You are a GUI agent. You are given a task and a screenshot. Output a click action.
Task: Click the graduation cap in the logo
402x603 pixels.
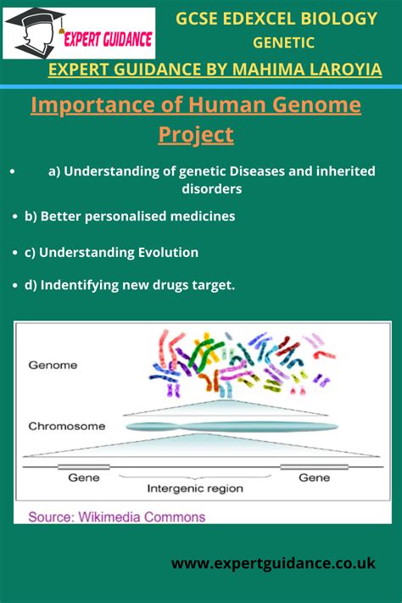click(x=35, y=19)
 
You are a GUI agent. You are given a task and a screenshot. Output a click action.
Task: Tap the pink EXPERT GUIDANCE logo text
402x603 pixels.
click(x=108, y=40)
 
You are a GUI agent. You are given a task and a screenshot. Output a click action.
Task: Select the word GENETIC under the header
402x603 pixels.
click(x=283, y=42)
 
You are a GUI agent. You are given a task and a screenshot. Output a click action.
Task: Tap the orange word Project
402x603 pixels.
click(x=196, y=135)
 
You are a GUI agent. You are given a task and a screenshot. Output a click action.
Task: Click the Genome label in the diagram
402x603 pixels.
click(x=53, y=365)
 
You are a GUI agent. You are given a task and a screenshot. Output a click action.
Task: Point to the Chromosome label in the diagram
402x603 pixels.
click(x=67, y=426)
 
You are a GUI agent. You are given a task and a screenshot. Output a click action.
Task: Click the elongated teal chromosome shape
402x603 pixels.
click(x=232, y=427)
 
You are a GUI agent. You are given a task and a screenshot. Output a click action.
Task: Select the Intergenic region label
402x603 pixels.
click(x=195, y=489)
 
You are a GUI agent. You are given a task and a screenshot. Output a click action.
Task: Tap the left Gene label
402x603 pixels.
click(x=84, y=477)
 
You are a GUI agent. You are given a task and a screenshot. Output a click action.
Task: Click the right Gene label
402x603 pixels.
click(x=315, y=477)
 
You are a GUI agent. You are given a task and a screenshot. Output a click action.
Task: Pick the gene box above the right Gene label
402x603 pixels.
click(x=315, y=466)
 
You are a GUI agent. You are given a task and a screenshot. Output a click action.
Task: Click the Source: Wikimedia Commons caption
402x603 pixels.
click(x=117, y=516)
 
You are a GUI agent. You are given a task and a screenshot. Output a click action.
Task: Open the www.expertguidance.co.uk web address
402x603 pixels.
click(x=274, y=563)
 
